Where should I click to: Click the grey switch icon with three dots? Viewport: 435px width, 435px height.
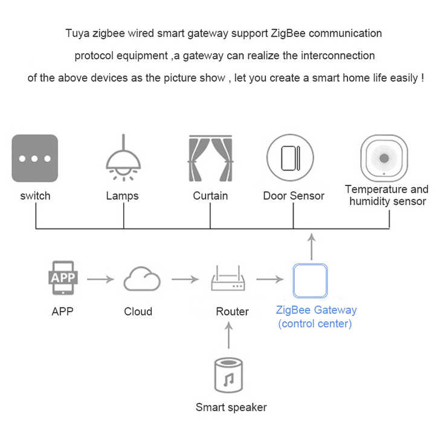pyautogui.click(x=35, y=158)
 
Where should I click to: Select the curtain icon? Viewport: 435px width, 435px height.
pyautogui.click(x=210, y=158)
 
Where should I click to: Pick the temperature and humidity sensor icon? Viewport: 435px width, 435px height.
pyautogui.click(x=384, y=158)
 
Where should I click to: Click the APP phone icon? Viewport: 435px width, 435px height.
pyautogui.click(x=63, y=277)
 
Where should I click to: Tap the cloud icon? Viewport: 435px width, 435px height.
pyautogui.click(x=142, y=280)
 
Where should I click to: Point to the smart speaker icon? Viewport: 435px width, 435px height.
pyautogui.click(x=229, y=376)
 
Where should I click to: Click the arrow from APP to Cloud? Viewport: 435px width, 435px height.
pyautogui.click(x=101, y=280)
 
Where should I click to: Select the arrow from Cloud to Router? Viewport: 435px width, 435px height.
pyautogui.click(x=185, y=280)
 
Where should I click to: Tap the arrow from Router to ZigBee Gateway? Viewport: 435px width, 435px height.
pyautogui.click(x=269, y=280)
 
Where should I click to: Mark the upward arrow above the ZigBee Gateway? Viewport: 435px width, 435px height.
pyautogui.click(x=311, y=246)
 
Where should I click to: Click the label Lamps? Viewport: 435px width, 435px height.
pyautogui.click(x=123, y=196)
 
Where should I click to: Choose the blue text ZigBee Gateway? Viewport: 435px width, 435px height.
pyautogui.click(x=316, y=311)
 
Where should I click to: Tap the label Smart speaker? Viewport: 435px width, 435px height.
pyautogui.click(x=231, y=407)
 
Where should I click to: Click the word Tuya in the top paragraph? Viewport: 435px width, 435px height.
pyautogui.click(x=77, y=33)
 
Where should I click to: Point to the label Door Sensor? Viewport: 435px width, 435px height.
pyautogui.click(x=294, y=196)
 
